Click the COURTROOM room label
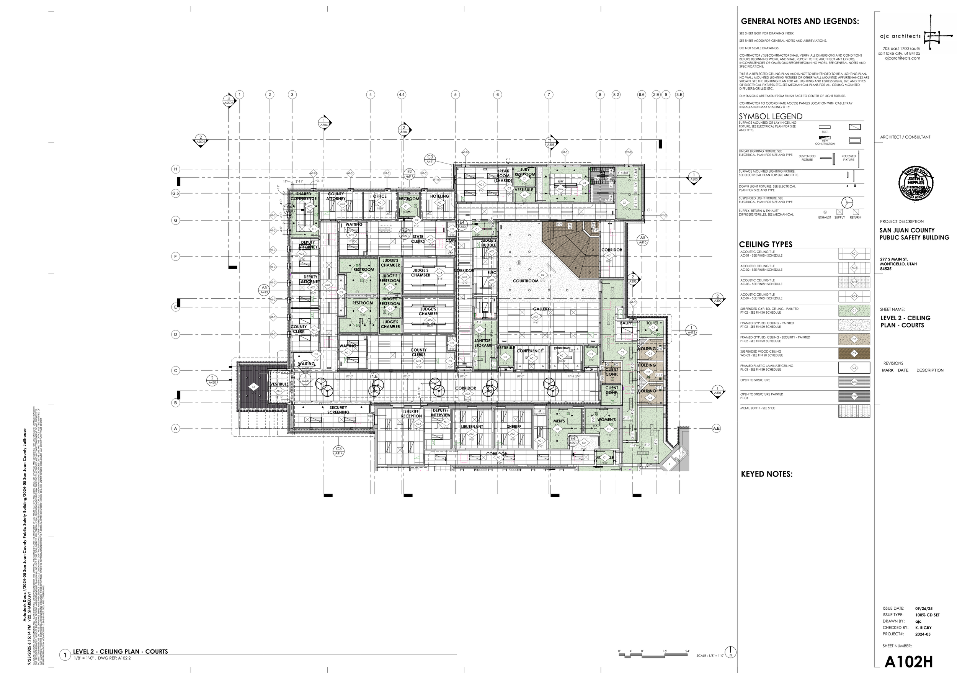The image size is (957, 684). [x=526, y=281]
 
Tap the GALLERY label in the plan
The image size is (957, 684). [x=541, y=309]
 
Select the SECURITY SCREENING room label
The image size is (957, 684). [x=338, y=410]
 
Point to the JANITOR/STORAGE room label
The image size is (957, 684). [x=483, y=343]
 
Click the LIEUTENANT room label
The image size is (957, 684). [x=472, y=427]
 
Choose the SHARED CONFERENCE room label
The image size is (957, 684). [x=304, y=196]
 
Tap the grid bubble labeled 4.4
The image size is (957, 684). [x=401, y=95]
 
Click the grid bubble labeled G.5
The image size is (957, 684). [x=176, y=193]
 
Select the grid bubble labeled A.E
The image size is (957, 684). [x=716, y=428]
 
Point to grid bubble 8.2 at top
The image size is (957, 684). [x=616, y=95]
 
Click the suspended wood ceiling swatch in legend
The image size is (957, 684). [x=854, y=353]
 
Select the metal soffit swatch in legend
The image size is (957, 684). [x=854, y=411]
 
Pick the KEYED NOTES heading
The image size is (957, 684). [x=766, y=474]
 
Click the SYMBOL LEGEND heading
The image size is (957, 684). [x=771, y=116]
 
